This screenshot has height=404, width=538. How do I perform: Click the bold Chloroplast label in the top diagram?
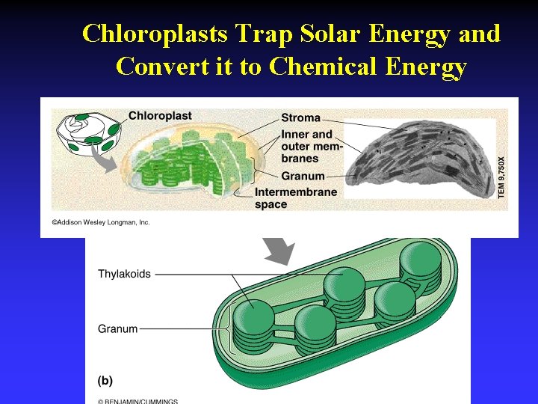pos(160,116)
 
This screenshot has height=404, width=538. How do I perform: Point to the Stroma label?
pos(300,117)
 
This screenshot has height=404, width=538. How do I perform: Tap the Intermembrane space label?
pos(296,198)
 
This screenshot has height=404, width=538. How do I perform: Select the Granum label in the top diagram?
pos(303,177)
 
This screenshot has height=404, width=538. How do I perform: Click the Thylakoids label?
pos(124,274)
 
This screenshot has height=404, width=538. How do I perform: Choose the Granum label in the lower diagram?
pos(118,328)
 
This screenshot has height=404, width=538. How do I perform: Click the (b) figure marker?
pos(105,381)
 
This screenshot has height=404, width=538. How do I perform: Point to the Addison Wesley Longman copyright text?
pos(101,222)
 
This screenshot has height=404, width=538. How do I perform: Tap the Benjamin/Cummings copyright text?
pos(138,401)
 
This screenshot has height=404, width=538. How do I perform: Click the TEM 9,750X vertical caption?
pos(501,177)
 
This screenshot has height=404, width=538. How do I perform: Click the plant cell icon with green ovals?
pos(88,130)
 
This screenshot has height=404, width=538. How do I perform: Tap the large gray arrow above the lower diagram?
pos(278,251)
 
